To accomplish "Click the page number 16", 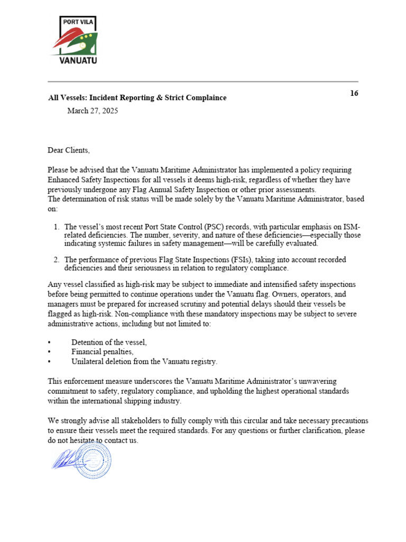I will coord(354,93).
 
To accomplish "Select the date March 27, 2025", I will coord(93,111).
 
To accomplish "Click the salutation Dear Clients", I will coord(69,150).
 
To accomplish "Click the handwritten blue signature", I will coord(66,457).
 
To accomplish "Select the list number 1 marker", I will coord(56,227).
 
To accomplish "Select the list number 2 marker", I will coord(56,259).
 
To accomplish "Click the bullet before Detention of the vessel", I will coord(49,342).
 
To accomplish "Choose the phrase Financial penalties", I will coord(102,351).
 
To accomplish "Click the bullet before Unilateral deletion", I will coord(49,362).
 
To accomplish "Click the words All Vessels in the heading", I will coord(67,97).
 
